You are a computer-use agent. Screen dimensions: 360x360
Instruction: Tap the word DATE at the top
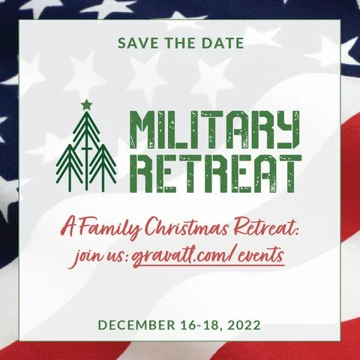point(220,43)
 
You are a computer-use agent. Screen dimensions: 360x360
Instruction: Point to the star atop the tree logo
point(85,104)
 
